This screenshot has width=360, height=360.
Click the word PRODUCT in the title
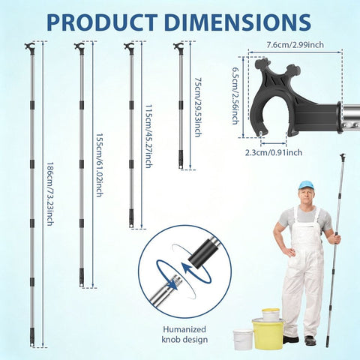coord(102,22)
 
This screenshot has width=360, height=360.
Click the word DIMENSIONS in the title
coord(238,22)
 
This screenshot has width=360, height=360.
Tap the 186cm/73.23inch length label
coord(50,194)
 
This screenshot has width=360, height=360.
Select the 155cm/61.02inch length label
coord(99,165)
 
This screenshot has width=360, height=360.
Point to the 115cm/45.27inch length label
coord(148,136)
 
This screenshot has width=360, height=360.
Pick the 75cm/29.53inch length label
coord(198,107)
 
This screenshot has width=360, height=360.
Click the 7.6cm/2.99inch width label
coord(295,45)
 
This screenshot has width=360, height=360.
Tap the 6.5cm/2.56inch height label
coord(235,95)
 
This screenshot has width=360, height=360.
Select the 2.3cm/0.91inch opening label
coord(274,152)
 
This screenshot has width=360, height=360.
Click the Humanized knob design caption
coord(184,334)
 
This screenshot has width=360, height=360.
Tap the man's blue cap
coord(306,184)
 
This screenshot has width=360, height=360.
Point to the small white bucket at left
coord(242,340)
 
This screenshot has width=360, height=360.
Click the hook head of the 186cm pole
coord(29,47)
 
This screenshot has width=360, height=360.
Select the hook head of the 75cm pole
coord(178,47)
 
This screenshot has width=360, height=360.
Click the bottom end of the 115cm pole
coord(131,226)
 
